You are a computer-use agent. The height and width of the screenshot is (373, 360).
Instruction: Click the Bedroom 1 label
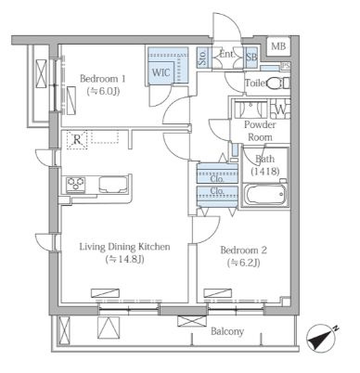tap(103, 79)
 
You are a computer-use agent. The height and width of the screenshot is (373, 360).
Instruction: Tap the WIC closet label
tap(161, 72)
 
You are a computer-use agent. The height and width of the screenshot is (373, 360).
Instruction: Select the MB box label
tap(278, 46)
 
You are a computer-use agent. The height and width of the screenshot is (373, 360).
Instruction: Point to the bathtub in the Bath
tap(265, 194)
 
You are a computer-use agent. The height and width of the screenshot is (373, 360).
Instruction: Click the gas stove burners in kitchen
tap(75, 183)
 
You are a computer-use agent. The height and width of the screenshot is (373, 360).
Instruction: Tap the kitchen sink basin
tap(113, 184)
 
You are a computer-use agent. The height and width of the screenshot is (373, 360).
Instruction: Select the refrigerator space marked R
tap(77, 140)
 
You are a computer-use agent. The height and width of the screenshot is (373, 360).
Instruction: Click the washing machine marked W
tap(280, 109)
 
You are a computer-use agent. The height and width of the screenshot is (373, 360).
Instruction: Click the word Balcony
tap(227, 331)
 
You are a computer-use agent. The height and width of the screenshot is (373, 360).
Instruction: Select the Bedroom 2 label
tap(243, 250)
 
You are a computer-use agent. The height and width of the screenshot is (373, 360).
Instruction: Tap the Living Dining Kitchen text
tap(125, 247)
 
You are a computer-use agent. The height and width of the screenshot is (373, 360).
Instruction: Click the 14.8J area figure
tap(125, 259)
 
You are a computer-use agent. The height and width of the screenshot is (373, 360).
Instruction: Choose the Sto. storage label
tap(203, 58)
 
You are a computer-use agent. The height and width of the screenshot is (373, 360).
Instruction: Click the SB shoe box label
tap(251, 58)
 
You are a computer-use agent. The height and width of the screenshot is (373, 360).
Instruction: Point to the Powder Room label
tap(260, 131)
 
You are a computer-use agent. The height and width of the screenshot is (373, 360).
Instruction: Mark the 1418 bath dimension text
tap(265, 171)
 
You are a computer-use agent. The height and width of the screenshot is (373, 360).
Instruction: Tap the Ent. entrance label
tap(226, 55)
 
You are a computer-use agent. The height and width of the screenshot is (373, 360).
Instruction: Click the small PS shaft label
tap(286, 66)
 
